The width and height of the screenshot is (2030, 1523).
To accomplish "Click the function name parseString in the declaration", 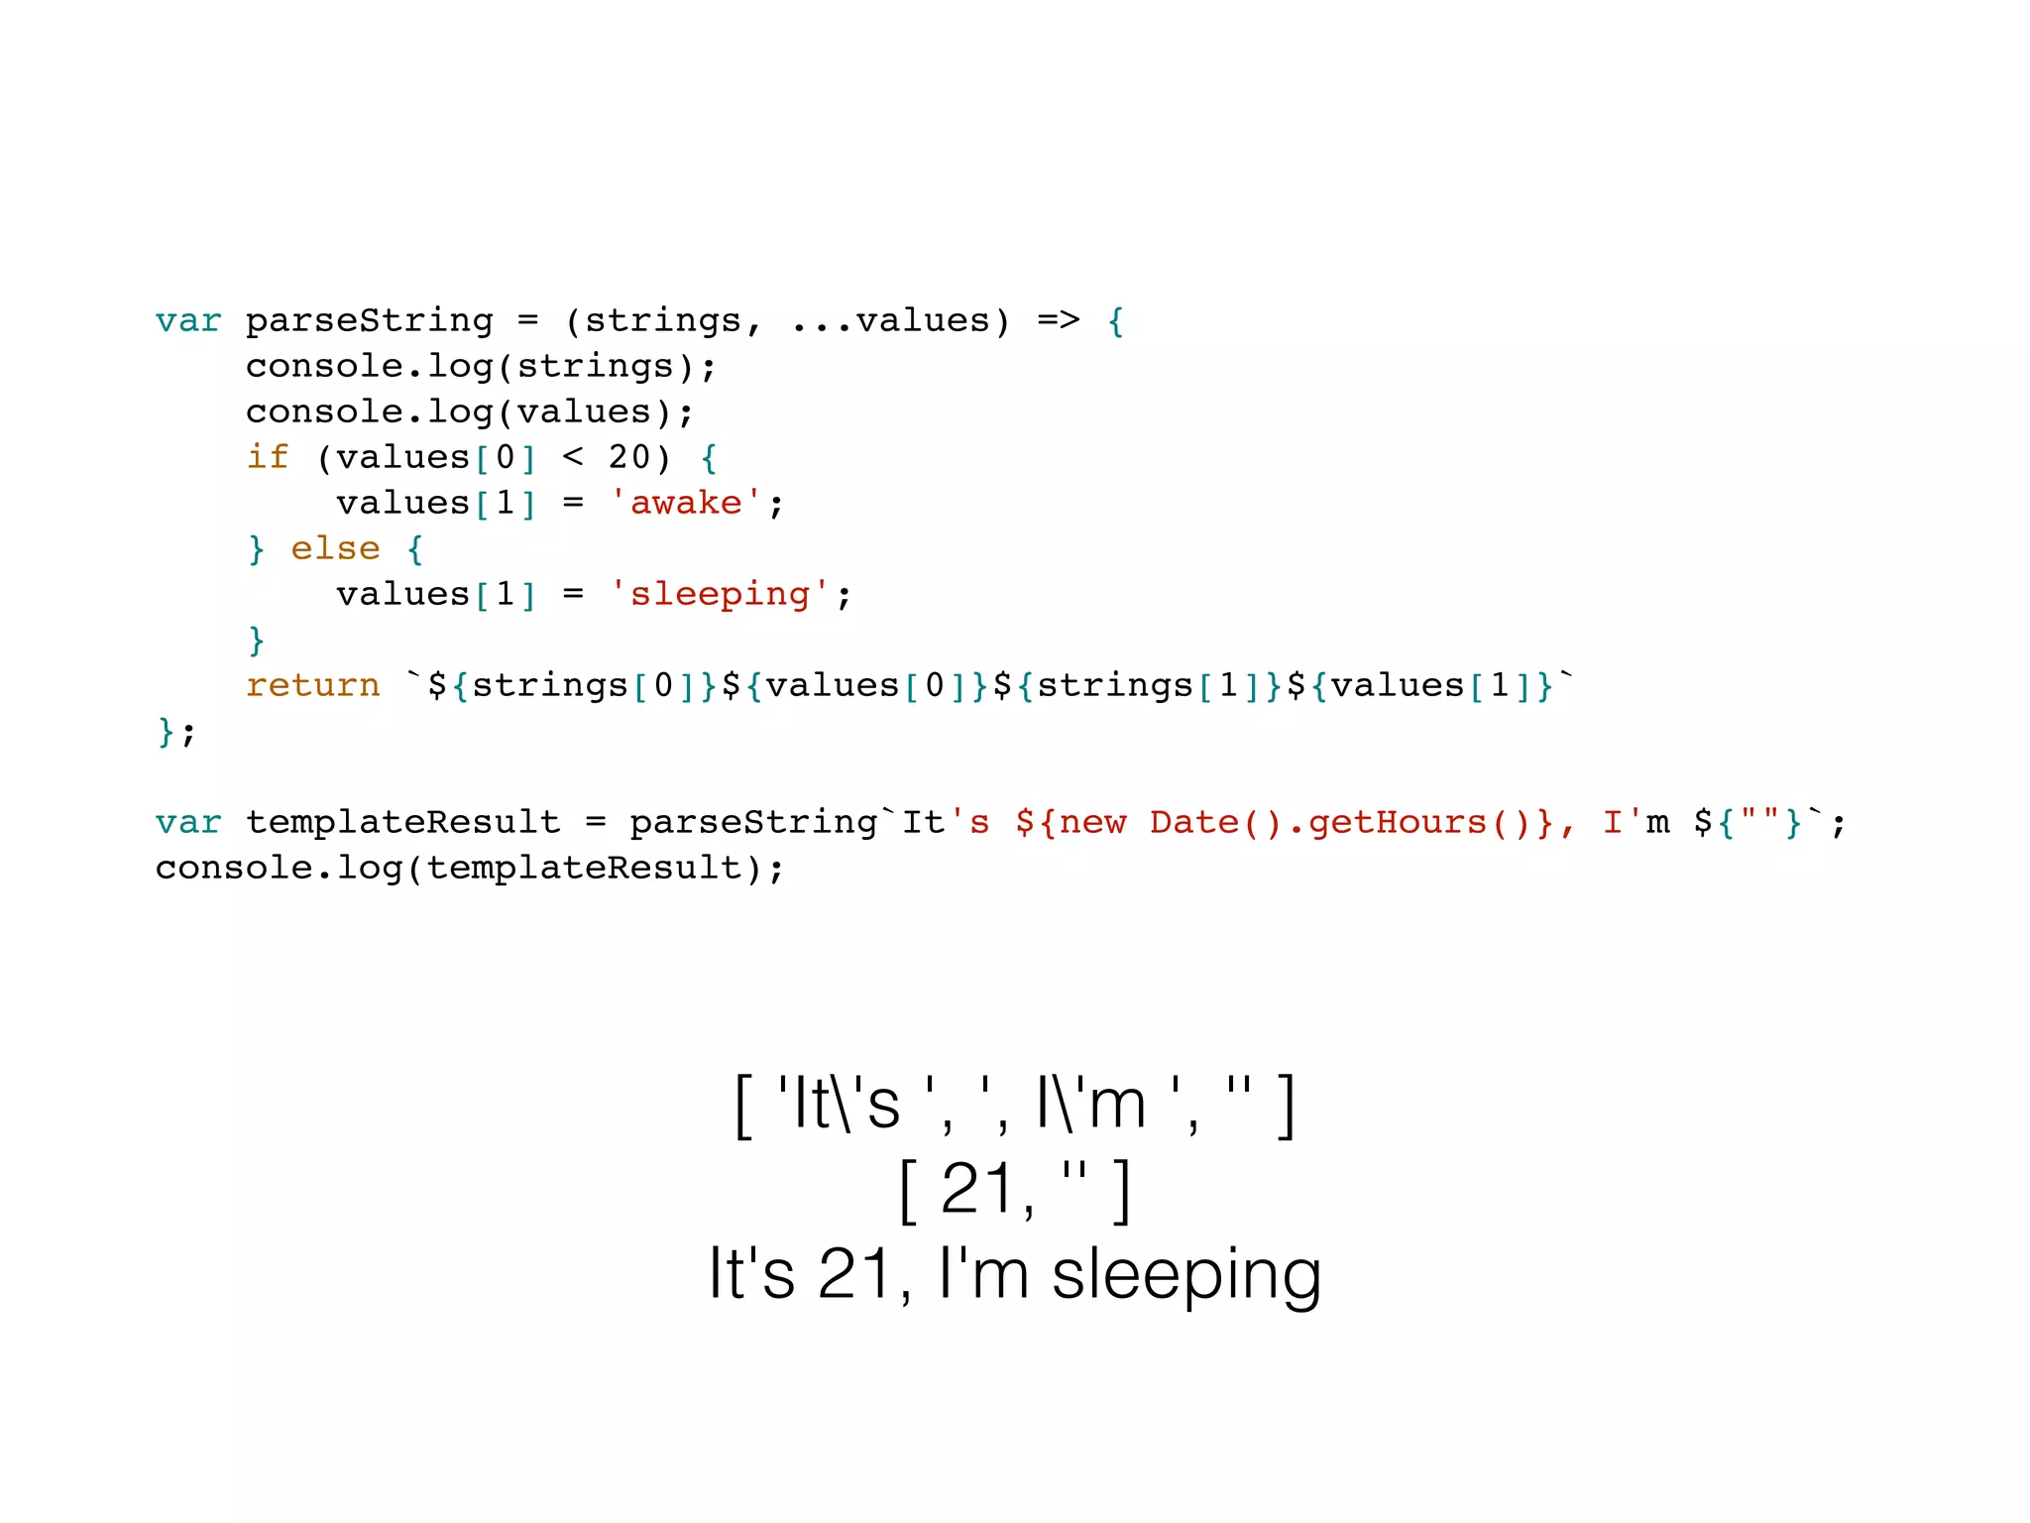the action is [x=369, y=321].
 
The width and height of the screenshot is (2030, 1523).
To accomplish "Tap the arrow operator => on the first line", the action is [x=1058, y=321].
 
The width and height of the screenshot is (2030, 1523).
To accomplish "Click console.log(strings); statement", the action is [x=481, y=367].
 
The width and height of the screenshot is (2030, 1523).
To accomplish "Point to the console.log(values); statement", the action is [x=470, y=412].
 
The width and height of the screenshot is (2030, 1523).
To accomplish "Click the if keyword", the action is [x=267, y=458].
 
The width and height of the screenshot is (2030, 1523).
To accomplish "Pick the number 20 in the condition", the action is [x=629, y=458].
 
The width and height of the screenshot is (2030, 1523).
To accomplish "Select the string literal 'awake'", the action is [x=686, y=504].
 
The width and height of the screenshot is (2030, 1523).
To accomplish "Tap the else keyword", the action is [x=335, y=549].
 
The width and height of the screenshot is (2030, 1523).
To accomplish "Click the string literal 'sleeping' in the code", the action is [x=720, y=595].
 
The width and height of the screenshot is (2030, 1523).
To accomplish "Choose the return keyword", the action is [x=312, y=686].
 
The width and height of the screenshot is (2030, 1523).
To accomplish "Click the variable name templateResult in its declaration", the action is [x=402, y=823].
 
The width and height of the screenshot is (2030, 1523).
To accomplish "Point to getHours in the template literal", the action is [x=1397, y=823].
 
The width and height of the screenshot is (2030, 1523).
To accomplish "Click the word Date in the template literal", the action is [x=1193, y=823].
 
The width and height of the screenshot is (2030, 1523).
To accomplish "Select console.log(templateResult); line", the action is [x=470, y=869].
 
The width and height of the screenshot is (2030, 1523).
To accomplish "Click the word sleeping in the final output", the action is [x=1185, y=1275].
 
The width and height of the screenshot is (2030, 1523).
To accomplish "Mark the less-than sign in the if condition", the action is [x=573, y=458].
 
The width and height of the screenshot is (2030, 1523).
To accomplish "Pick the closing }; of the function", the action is [x=175, y=732].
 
